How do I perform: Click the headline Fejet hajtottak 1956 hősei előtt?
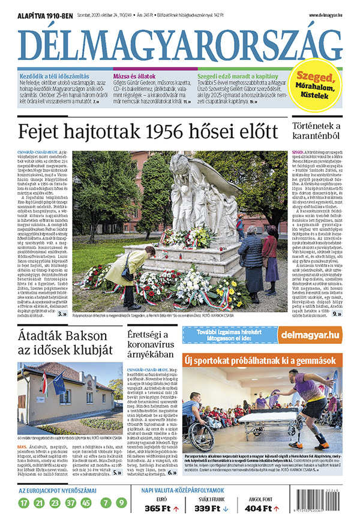pos(148,132)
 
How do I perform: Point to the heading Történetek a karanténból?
pos(316,132)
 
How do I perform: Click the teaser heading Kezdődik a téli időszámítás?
pos(55,77)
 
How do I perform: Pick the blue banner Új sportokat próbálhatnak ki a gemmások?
pos(262,360)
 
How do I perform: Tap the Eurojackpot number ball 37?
pos(71,503)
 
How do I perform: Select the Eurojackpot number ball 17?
pos(24,503)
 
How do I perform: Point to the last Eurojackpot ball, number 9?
pos(122,503)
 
